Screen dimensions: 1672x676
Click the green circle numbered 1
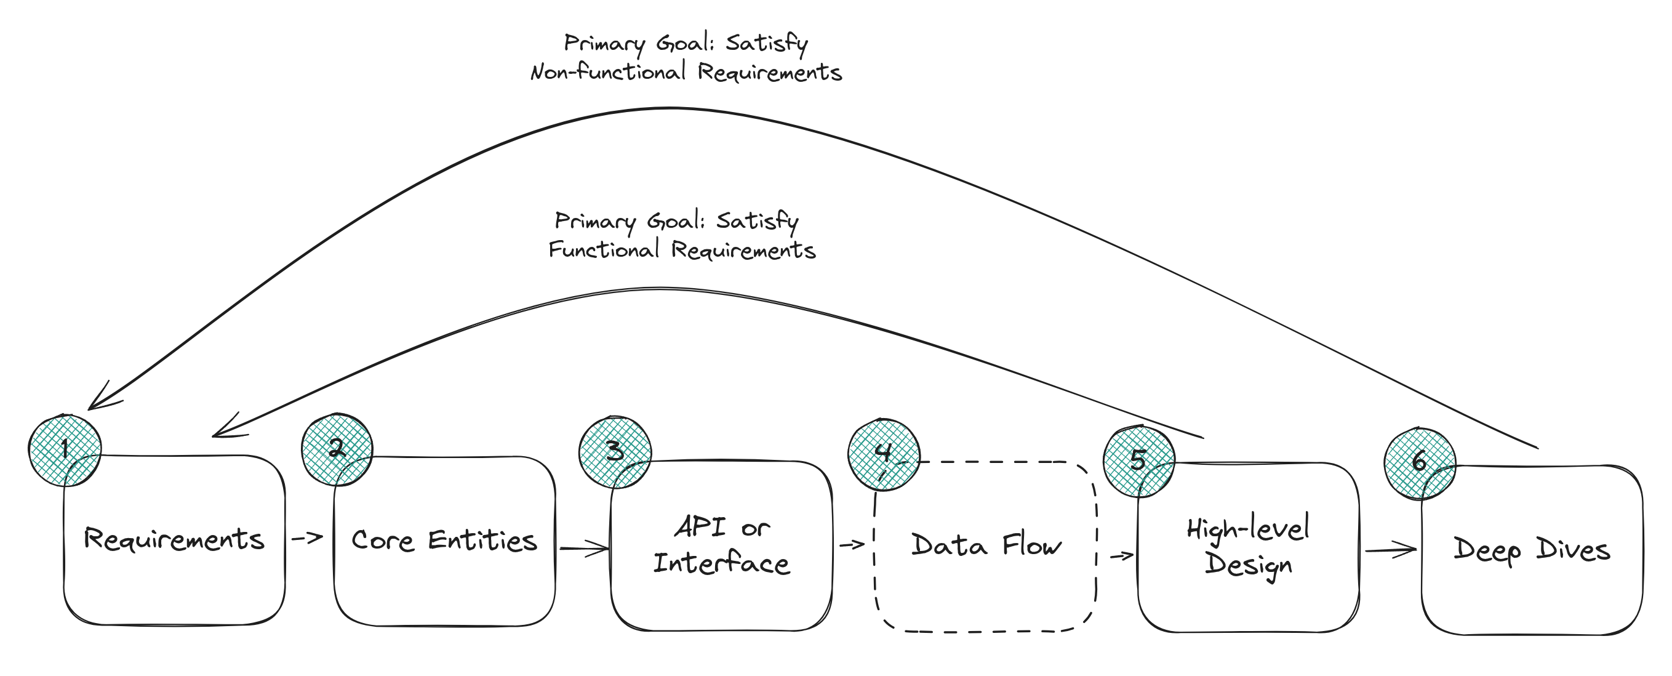click(x=65, y=450)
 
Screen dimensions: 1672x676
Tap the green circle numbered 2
click(x=337, y=449)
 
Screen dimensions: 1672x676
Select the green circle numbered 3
click(x=615, y=452)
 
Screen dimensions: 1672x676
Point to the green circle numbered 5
click(x=1139, y=462)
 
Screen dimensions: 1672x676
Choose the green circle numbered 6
click(x=1420, y=464)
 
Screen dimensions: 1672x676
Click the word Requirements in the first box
click(x=174, y=541)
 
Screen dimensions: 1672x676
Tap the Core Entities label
click(x=444, y=541)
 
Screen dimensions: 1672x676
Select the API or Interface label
click(x=722, y=545)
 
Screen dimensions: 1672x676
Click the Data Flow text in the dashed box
click(x=986, y=545)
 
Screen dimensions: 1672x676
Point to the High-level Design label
click(x=1248, y=546)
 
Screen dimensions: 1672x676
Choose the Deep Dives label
click(x=1532, y=550)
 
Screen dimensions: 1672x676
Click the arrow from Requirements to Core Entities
click(x=308, y=537)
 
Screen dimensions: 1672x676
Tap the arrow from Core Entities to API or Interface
click(x=584, y=549)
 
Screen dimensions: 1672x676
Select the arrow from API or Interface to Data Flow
click(x=852, y=544)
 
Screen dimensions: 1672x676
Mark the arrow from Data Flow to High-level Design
click(x=1122, y=556)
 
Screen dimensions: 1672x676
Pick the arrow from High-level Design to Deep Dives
click(x=1390, y=550)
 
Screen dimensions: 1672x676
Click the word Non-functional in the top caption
click(x=608, y=71)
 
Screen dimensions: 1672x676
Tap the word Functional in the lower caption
click(x=604, y=249)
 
